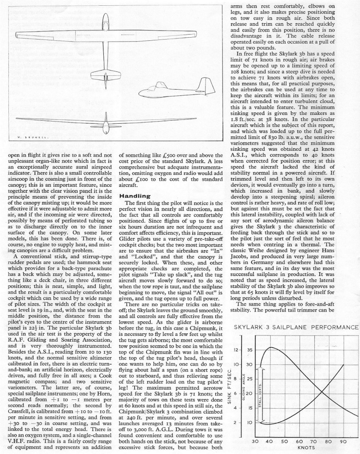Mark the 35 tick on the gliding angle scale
[x=250, y=338]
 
